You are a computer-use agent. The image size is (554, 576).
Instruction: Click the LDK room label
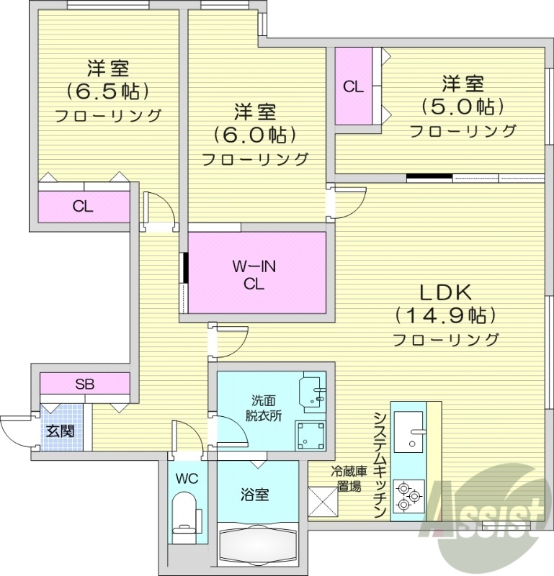445,292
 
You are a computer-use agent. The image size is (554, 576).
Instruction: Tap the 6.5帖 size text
108,92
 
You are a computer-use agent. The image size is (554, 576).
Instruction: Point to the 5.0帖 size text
462,107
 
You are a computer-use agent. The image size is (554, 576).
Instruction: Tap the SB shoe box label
84,384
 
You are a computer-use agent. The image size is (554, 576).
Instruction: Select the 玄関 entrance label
61,432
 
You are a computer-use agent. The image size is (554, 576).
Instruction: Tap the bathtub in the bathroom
258,549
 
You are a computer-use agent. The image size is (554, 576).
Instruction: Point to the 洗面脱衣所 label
264,408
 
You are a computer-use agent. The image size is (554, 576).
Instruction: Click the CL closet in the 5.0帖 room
353,86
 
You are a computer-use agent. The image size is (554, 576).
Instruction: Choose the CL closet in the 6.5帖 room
84,207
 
